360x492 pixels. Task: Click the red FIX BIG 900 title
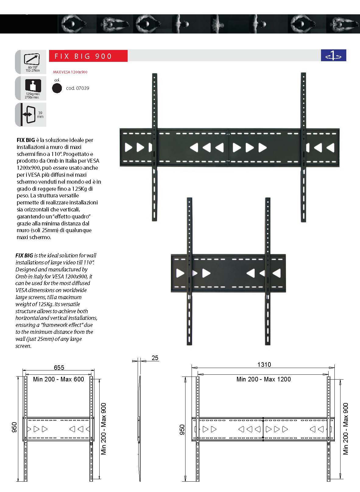coord(83,56)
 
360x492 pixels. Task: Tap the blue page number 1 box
coord(334,55)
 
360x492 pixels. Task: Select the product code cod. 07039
coord(78,88)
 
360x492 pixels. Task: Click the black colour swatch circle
coord(57,88)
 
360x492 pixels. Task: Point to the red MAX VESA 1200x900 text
coord(70,72)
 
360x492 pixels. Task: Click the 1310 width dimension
coord(264,365)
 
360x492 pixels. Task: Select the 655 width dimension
coord(59,368)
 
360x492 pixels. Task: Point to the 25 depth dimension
coord(155,358)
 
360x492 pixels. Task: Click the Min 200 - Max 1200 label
coord(263,379)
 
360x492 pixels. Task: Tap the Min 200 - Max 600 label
coord(58,379)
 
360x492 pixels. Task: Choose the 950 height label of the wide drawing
coord(182,430)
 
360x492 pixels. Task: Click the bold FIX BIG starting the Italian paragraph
coord(26,140)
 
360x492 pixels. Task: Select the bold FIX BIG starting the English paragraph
coord(24,256)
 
